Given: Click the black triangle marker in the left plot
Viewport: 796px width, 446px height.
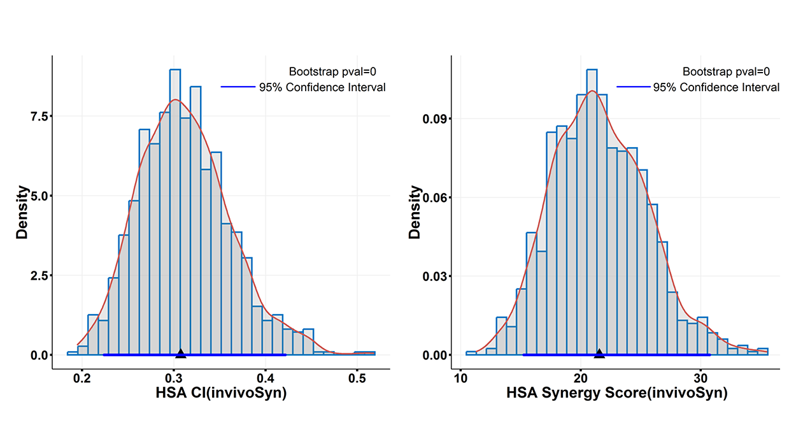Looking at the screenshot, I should coord(180,354).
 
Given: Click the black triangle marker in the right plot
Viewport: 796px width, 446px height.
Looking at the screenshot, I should coord(599,354).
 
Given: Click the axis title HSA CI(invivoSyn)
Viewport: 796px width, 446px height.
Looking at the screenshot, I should coord(221,394).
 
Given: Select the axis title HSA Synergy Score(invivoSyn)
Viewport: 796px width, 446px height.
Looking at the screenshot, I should coord(616,394).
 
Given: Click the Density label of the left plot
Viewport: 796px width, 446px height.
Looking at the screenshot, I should coord(22,212).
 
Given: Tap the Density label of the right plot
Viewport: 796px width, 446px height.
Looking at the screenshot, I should coord(415,212).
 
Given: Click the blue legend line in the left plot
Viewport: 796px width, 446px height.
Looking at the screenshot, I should coord(237,87).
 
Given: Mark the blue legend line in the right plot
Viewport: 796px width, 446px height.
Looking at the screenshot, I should coord(633,87).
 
